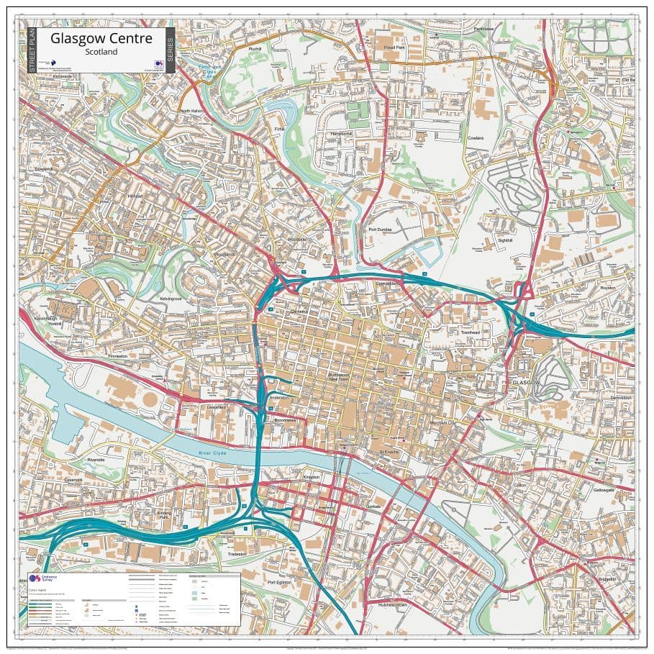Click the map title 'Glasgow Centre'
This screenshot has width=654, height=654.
100,38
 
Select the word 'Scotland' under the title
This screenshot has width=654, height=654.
101,52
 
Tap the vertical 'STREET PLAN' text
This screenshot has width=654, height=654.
32,50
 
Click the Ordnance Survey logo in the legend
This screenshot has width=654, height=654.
36,579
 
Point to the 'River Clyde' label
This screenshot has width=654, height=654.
214,452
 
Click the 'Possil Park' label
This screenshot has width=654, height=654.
395,47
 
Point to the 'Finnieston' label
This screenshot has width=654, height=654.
117,355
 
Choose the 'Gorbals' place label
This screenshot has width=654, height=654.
371,506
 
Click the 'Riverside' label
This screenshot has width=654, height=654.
96,459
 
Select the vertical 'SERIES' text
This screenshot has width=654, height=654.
170,50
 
